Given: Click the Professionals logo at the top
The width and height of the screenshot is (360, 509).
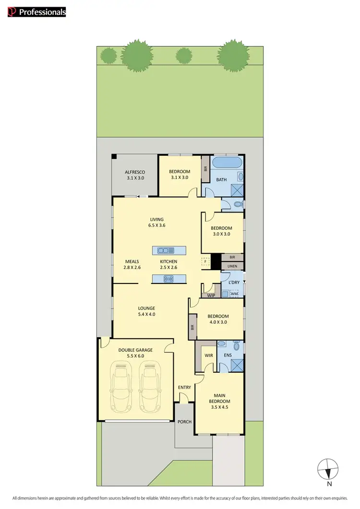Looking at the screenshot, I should (36, 12).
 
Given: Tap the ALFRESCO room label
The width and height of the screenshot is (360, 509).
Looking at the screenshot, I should (135, 175).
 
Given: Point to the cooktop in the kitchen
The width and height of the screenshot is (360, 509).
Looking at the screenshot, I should (168, 279).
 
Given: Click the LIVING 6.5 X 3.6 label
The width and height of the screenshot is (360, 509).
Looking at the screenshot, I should (157, 222).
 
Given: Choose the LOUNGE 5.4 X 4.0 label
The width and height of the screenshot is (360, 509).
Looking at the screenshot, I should (147, 311).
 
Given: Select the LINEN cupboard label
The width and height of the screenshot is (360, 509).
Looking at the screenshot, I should (233, 266).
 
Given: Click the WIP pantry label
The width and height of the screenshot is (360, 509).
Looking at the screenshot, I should (211, 296).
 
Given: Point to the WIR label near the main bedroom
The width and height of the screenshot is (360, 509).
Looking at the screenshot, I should (209, 355).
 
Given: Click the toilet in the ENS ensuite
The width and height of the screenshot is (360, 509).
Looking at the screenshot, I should (236, 346).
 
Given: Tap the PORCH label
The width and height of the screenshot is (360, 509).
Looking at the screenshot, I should (184, 422).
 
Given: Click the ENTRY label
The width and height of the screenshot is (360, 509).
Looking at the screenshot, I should (184, 387).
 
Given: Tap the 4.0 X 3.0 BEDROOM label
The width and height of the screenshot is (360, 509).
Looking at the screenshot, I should (218, 320).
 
